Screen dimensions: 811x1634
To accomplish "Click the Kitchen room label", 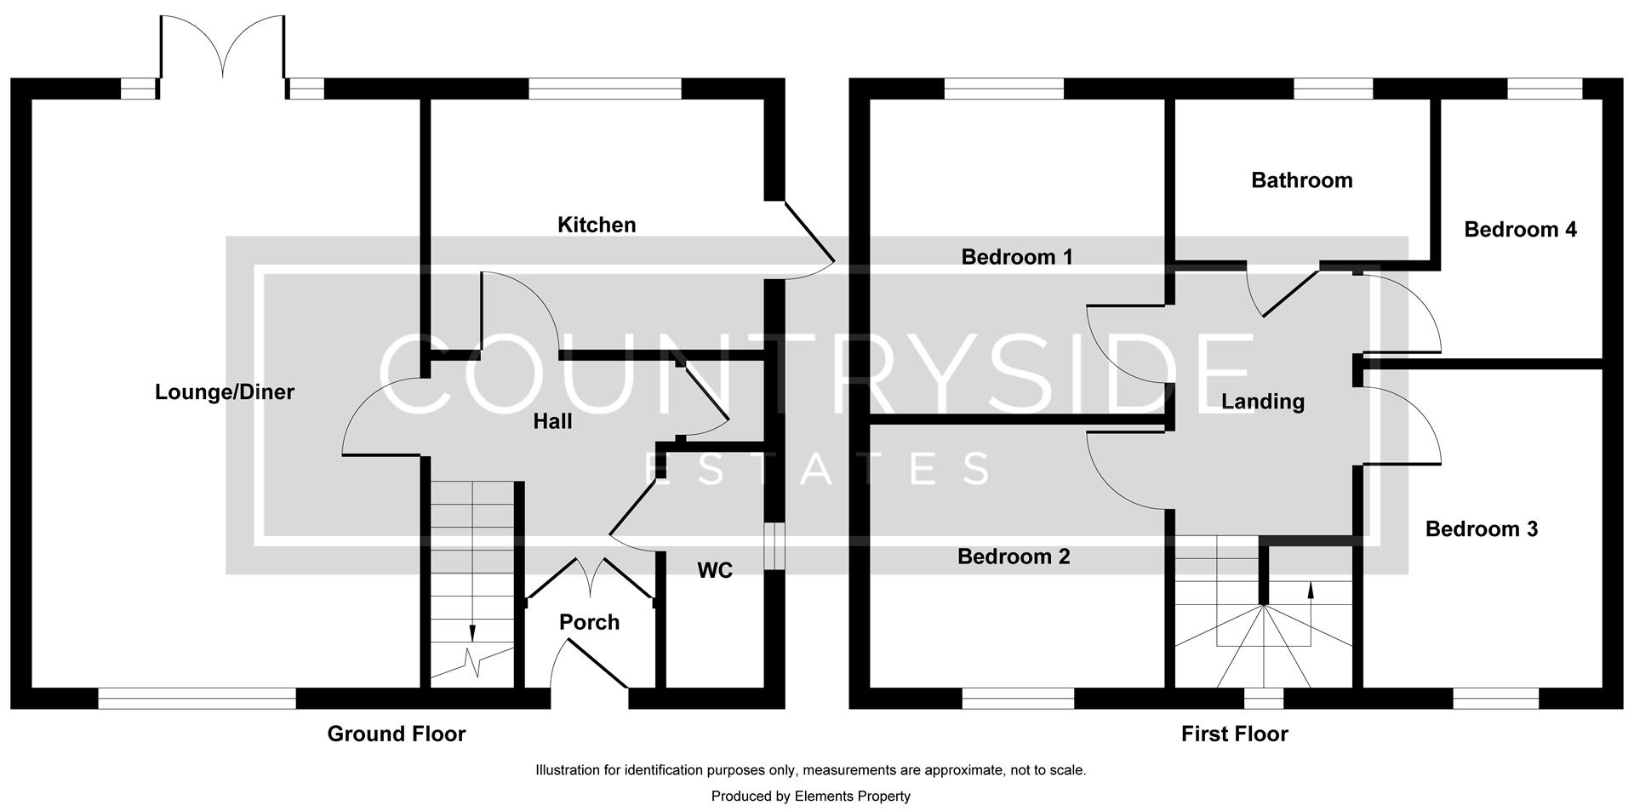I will point(596,225).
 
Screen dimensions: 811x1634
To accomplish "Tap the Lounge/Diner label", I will point(225,392).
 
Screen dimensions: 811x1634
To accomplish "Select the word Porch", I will point(589,622).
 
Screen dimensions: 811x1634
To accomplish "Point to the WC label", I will point(715,570).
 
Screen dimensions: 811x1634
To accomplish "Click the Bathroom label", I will point(1301,180).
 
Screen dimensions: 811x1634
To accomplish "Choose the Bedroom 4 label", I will point(1520,229).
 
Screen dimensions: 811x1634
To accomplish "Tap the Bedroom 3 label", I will point(1481,529).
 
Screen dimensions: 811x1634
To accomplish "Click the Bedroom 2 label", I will point(1014,557).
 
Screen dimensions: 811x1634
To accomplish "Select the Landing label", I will point(1262,402).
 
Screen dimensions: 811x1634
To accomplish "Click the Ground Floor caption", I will point(397,734).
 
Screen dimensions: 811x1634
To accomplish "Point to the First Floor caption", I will point(1234,734).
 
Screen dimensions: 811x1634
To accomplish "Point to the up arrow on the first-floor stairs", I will point(1310,589).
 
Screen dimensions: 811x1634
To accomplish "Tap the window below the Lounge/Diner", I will point(197,698).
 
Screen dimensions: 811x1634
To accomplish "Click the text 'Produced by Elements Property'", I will point(810,797).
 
